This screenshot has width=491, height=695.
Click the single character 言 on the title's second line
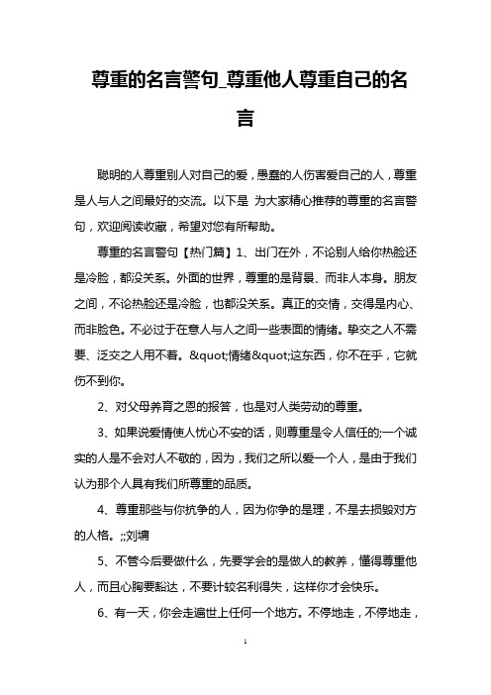click(245, 118)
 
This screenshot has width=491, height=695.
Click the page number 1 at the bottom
click(245, 670)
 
